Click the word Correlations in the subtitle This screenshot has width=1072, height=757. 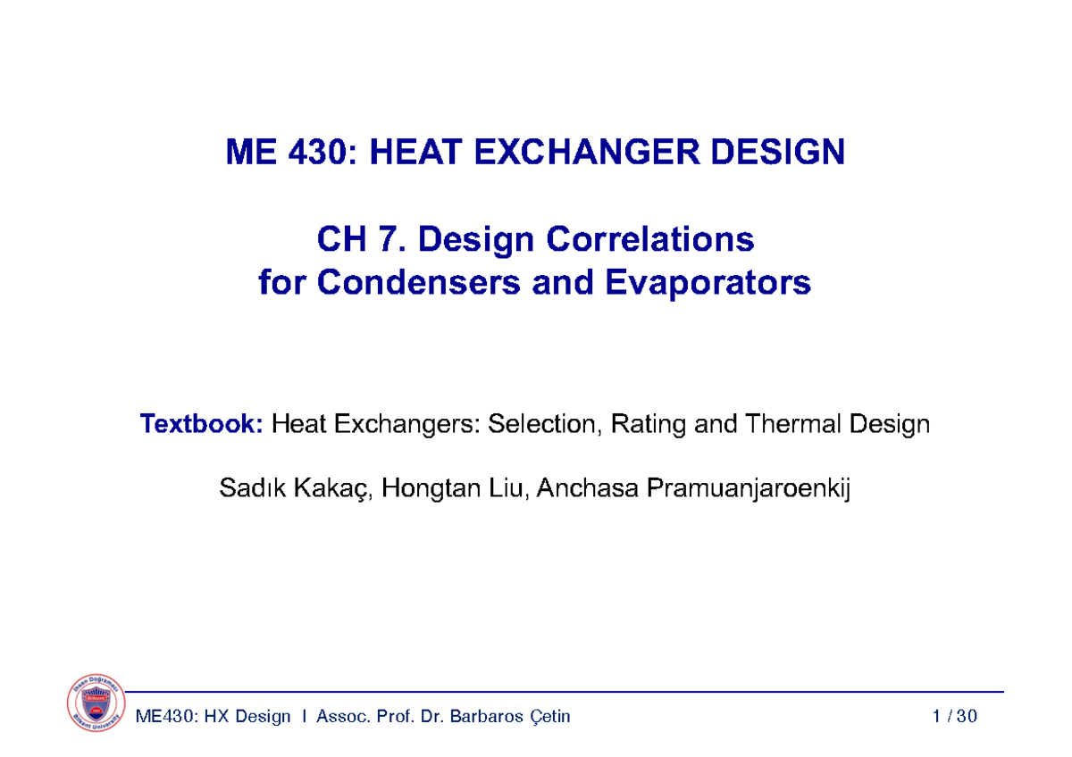coord(650,239)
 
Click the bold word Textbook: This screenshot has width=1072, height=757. coord(201,424)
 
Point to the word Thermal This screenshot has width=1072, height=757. coord(791,424)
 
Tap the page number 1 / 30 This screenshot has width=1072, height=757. coord(954,717)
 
